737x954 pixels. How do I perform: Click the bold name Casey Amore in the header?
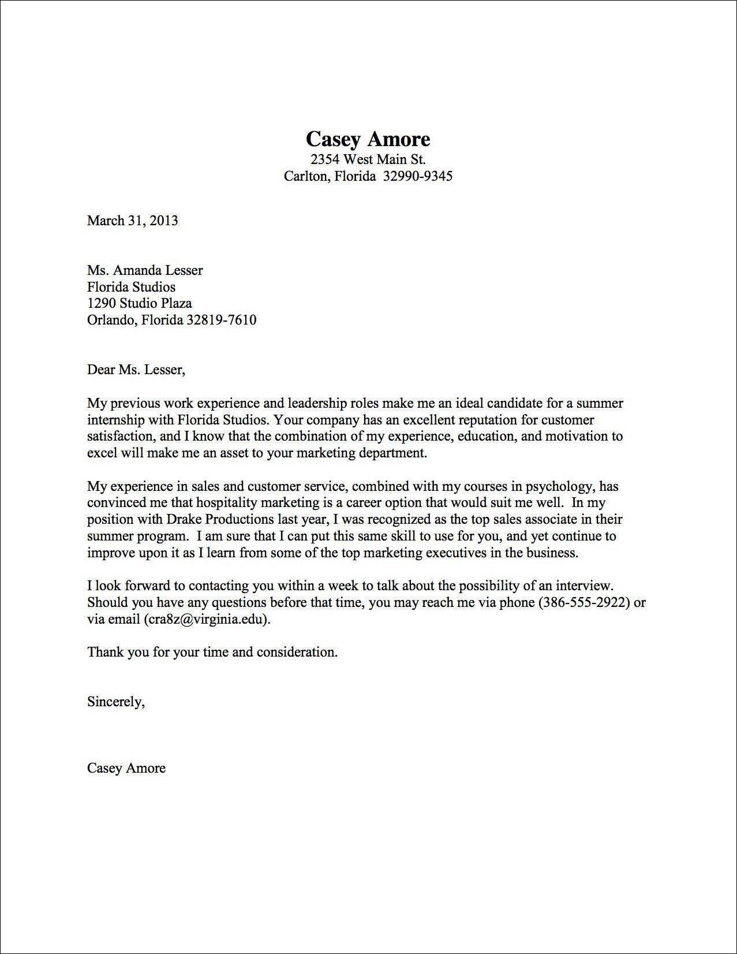pos(368,139)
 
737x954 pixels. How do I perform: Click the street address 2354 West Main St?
pos(368,159)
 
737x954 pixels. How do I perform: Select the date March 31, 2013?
pos(132,220)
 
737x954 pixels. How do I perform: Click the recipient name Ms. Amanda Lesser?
pos(145,270)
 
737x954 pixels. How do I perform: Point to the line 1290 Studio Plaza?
pos(139,303)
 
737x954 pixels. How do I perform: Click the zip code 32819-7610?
pos(221,320)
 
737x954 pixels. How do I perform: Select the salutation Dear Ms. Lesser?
pos(136,370)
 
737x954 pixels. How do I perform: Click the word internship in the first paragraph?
pos(113,419)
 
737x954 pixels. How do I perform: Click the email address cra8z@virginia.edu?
pos(207,619)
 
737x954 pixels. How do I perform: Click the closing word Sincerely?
pos(114,702)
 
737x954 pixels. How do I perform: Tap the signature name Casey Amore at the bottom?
pos(126,768)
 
